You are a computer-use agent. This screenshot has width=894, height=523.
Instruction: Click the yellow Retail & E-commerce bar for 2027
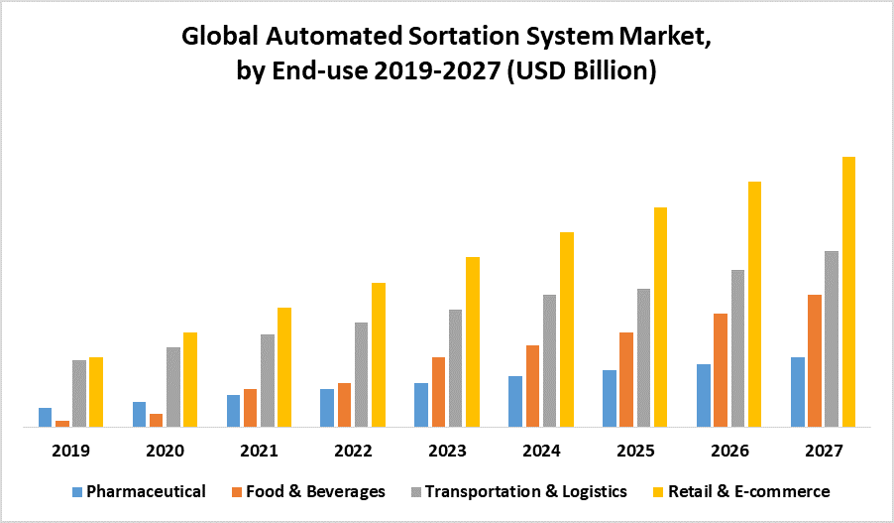848,292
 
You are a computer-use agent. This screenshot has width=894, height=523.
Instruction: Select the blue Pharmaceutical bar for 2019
45,417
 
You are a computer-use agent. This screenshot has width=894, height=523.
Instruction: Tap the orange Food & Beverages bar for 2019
61,424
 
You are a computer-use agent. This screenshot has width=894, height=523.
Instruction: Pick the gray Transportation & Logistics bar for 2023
455,368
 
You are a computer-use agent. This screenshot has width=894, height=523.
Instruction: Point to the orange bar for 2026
721,370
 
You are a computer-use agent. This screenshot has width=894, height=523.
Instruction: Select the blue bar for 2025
610,398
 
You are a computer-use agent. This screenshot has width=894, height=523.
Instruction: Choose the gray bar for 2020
173,387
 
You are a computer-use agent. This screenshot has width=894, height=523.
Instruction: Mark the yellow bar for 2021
284,367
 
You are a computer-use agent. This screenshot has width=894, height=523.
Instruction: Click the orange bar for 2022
344,405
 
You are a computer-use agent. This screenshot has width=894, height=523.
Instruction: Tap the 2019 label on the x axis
70,451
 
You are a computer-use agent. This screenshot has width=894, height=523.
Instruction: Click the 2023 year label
447,451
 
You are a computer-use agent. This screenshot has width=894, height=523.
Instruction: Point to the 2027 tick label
824,451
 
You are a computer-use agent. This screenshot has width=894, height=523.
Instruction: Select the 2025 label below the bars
635,451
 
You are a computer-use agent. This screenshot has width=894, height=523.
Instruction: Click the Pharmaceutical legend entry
146,491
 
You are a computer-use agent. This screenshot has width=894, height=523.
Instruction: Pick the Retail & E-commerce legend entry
749,491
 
